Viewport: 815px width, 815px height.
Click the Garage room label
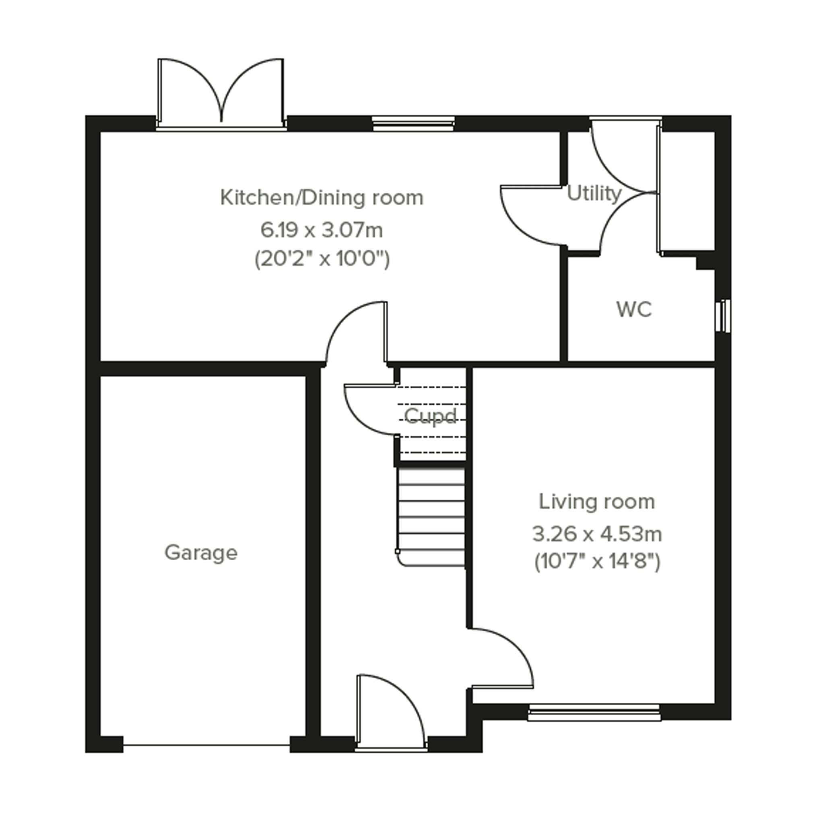[x=201, y=553]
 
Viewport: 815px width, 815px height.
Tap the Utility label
[x=594, y=194]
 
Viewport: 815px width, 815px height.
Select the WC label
[x=634, y=309]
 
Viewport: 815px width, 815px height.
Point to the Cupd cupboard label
[x=430, y=417]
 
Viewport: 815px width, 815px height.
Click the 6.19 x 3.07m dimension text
[x=322, y=230]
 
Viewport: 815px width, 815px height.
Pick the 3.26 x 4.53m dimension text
[x=597, y=534]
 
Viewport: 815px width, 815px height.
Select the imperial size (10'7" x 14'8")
[x=597, y=562]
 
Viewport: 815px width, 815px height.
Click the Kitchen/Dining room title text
[x=322, y=198]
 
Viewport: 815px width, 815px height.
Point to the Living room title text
[x=597, y=502]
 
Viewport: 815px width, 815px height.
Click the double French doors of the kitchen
[x=221, y=94]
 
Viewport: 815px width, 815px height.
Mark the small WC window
[x=724, y=316]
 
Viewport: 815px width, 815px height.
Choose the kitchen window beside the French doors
[x=413, y=124]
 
